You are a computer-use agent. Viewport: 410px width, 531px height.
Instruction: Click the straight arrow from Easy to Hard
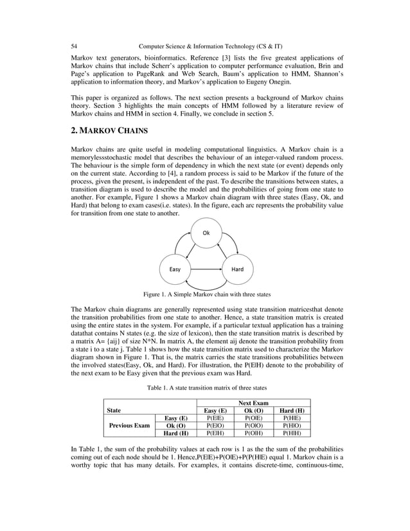point(206,269)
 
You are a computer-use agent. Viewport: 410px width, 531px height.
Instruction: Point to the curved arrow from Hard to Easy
point(206,287)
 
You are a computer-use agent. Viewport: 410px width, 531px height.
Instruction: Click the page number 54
point(75,46)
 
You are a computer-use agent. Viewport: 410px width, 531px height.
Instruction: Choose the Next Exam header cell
point(256,402)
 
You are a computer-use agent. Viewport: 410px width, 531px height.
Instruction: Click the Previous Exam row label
point(129,425)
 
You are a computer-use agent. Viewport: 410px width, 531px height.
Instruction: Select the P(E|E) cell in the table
point(215,417)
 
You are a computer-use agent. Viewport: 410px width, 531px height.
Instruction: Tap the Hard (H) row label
point(176,433)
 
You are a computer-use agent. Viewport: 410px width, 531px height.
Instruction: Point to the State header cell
point(114,410)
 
